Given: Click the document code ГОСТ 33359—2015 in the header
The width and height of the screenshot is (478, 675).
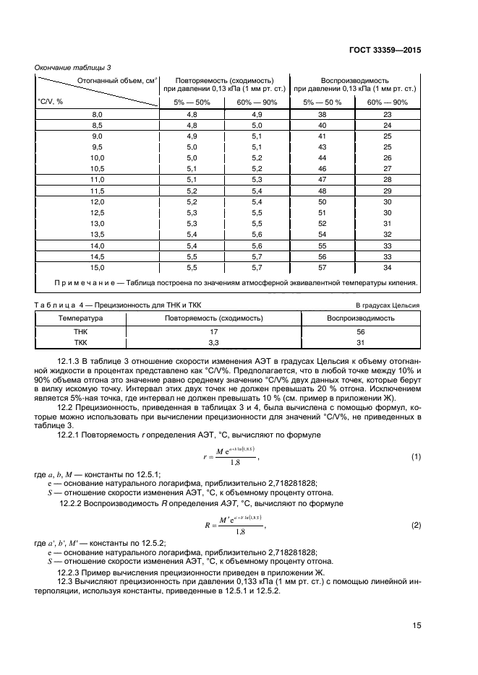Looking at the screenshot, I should [386, 50].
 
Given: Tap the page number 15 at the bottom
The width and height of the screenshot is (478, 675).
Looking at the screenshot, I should [417, 626].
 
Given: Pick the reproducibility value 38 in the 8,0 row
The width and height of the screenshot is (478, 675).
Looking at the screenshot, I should [323, 115].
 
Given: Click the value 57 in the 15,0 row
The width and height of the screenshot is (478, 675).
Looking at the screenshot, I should [323, 267].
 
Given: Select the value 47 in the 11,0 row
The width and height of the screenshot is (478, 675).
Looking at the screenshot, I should [323, 179].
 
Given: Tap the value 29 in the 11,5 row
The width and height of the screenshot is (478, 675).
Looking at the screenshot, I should [387, 191].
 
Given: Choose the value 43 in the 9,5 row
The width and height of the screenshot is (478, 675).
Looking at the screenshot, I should [323, 147].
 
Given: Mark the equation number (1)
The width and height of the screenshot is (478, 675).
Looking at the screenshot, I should [416, 458].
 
